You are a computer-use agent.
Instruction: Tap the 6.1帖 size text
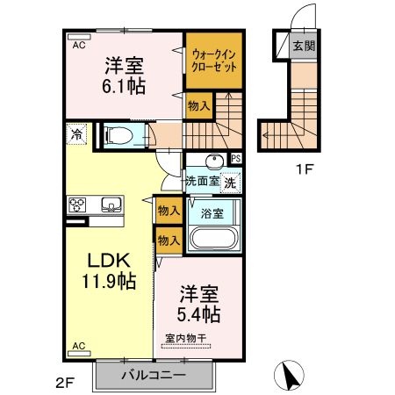124,87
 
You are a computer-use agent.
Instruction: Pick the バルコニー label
156,376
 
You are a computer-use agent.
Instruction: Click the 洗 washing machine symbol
229,183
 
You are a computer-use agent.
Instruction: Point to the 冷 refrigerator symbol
77,134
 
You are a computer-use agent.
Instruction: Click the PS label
235,159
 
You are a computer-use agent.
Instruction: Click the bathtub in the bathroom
214,238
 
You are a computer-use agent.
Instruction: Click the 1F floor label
304,169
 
